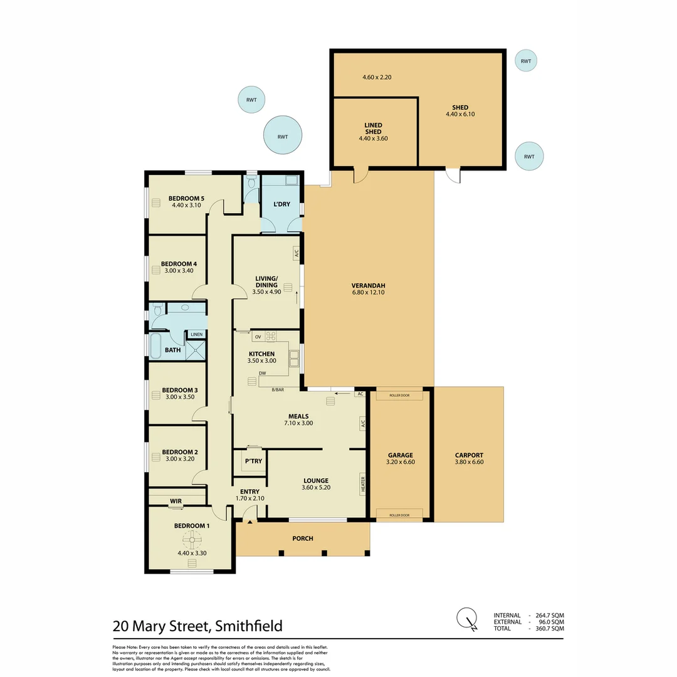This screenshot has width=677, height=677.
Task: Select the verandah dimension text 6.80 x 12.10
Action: click(x=368, y=291)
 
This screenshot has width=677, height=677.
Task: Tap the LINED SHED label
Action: click(x=373, y=129)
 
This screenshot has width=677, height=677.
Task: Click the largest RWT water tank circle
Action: click(x=283, y=136)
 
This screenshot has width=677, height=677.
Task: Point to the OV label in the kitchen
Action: click(x=257, y=337)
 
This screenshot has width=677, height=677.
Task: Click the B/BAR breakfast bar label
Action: click(x=276, y=390)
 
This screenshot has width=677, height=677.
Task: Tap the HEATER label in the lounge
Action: click(x=362, y=483)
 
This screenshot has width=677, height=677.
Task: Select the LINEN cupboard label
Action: click(x=197, y=334)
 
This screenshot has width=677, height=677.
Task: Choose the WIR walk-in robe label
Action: click(x=176, y=501)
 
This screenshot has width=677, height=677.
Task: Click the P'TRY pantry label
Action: click(x=253, y=461)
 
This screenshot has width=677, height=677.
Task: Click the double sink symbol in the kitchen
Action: click(x=293, y=358)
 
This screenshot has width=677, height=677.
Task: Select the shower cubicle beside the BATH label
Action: click(x=196, y=349)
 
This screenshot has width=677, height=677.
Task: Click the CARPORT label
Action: click(x=469, y=456)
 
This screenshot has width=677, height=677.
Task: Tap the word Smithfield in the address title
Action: click(x=249, y=626)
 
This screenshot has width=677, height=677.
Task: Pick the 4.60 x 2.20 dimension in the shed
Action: click(x=377, y=77)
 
